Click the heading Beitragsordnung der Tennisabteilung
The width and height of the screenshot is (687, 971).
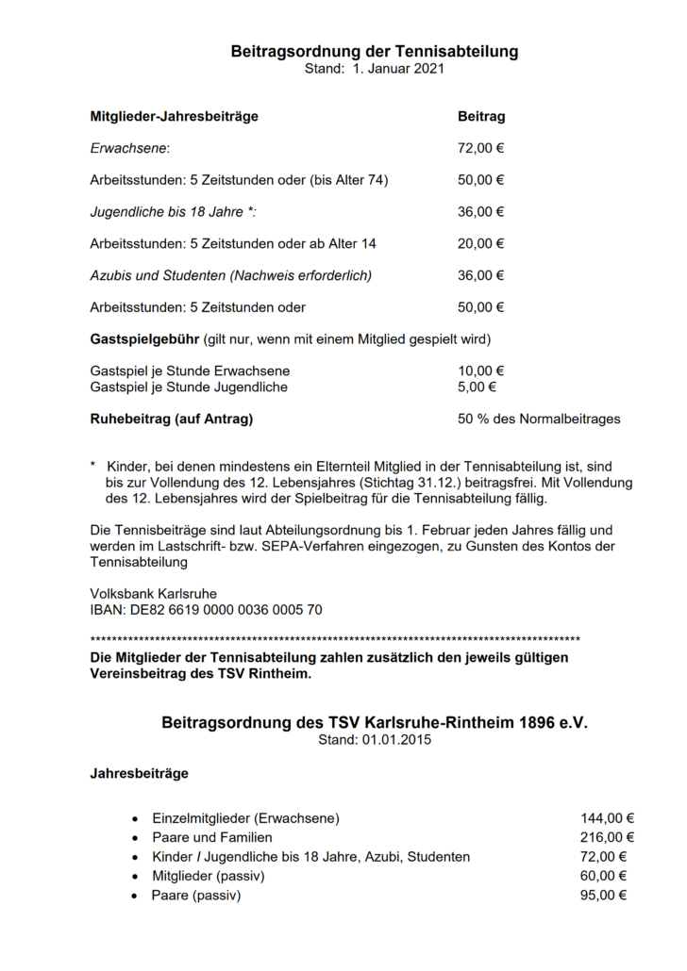(x=375, y=52)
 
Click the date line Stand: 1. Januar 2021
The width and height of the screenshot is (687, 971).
(x=375, y=69)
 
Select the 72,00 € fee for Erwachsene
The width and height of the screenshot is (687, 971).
(x=480, y=148)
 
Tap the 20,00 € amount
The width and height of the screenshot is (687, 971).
(x=480, y=243)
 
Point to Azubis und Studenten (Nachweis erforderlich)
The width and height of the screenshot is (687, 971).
(x=231, y=275)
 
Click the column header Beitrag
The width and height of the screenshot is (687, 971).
(x=481, y=117)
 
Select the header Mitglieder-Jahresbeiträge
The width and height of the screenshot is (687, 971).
(x=174, y=117)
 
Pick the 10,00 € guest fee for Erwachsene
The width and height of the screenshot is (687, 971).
(x=480, y=370)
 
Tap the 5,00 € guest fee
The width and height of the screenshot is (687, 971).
(x=477, y=387)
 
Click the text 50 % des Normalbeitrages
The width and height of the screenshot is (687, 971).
(x=539, y=419)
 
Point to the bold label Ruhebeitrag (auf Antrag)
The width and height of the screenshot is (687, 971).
(x=171, y=419)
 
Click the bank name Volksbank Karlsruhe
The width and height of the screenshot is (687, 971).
(x=153, y=594)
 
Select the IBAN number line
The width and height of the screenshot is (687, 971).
(x=206, y=610)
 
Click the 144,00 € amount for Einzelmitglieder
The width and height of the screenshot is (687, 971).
(x=607, y=817)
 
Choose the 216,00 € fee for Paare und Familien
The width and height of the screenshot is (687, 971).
(x=607, y=837)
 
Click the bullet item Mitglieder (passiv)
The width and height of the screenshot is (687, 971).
(x=208, y=876)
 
